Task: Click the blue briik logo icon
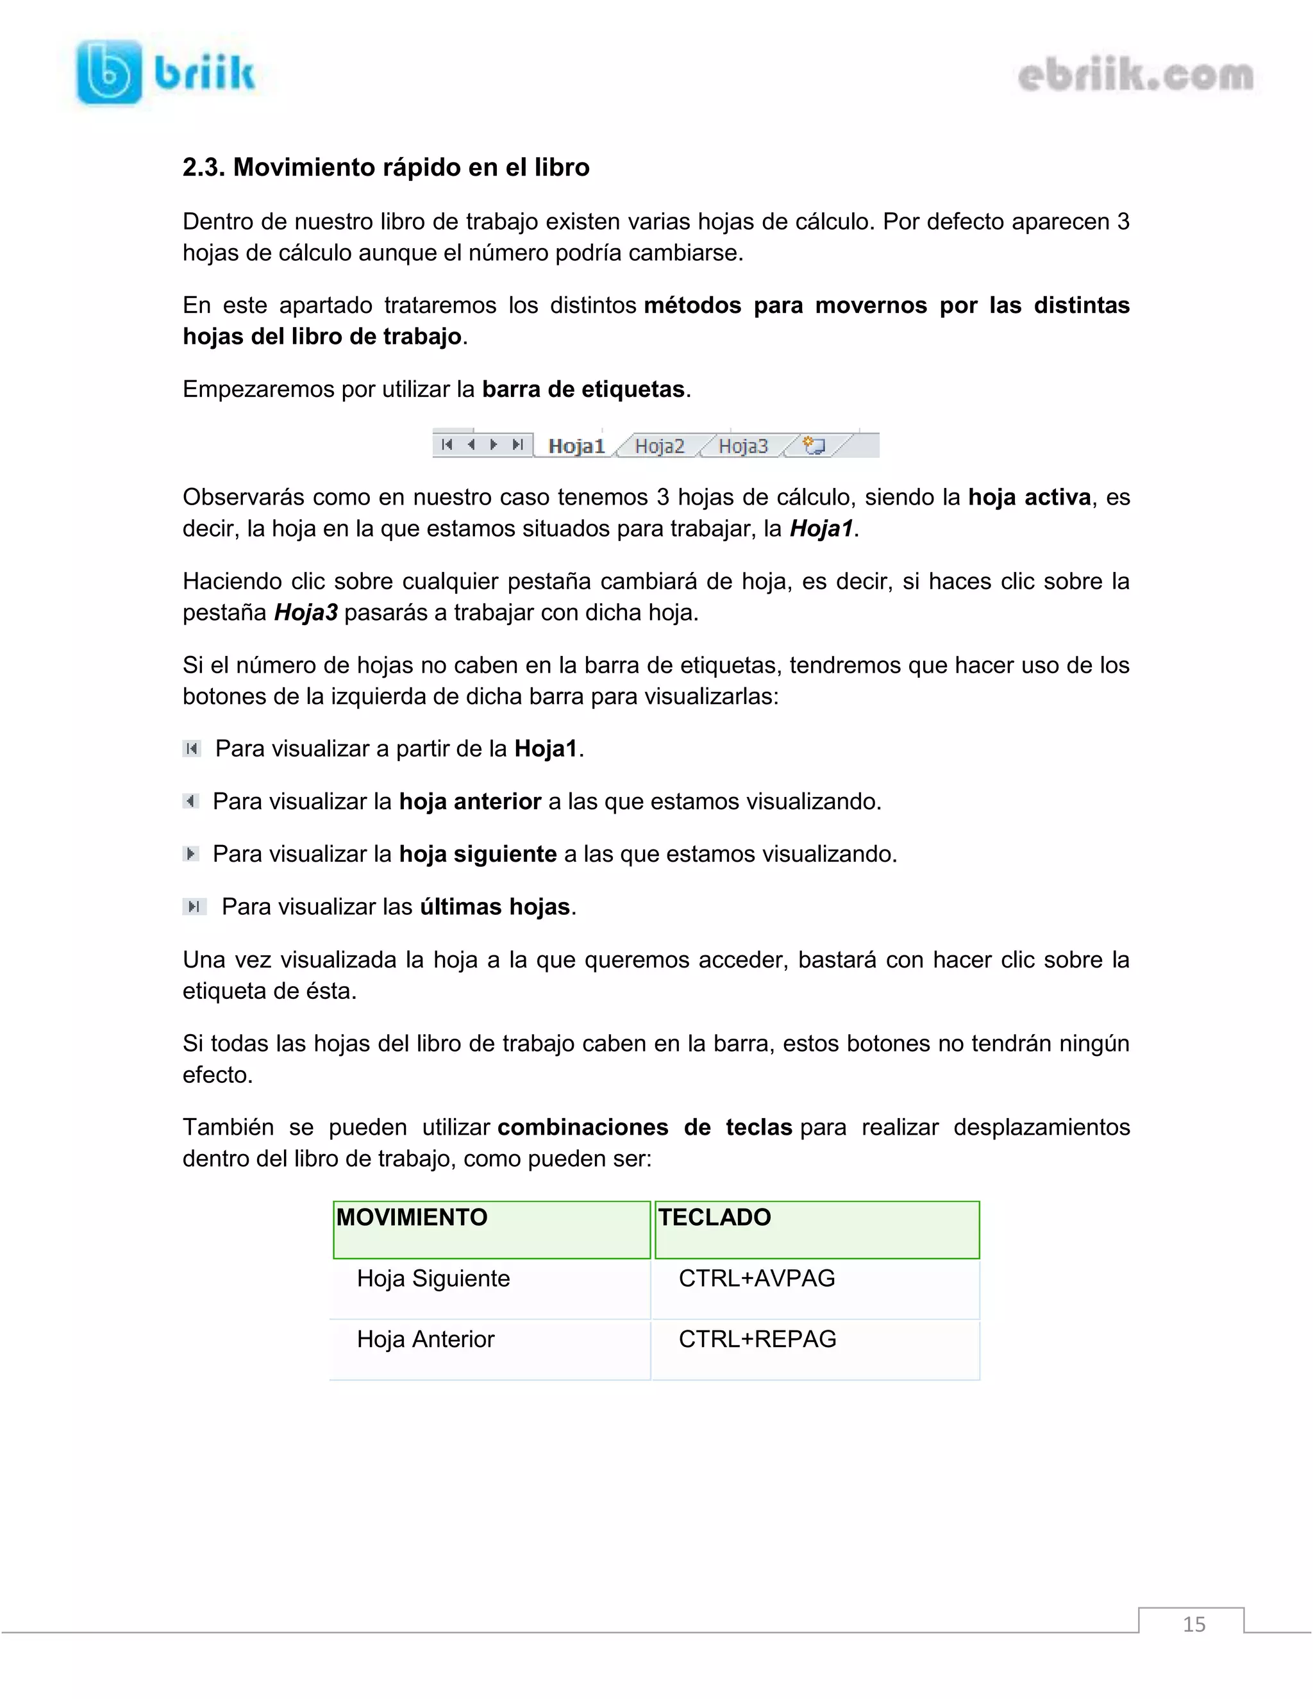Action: click(109, 72)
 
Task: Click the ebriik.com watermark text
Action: click(1135, 76)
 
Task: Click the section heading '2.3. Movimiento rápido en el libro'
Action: click(386, 167)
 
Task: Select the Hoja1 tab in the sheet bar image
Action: click(576, 446)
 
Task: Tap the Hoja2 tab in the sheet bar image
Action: click(659, 446)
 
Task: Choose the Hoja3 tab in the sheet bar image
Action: click(743, 446)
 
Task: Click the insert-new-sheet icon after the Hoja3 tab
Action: click(814, 446)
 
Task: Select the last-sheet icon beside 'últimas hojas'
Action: click(194, 907)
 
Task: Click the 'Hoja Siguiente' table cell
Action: click(433, 1278)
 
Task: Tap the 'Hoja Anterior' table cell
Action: click(426, 1339)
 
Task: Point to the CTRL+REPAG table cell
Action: click(757, 1339)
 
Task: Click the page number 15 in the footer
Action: click(1193, 1625)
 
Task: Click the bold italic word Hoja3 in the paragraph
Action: click(306, 612)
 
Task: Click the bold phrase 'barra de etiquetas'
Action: click(583, 389)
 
